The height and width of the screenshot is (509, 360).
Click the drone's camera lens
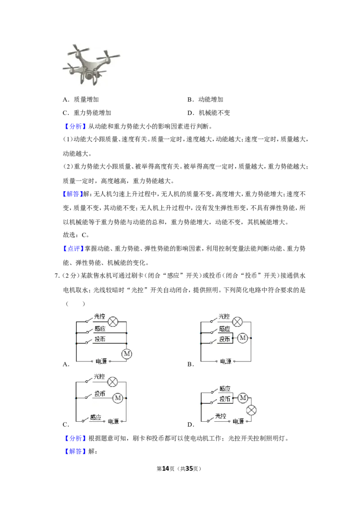[89, 76]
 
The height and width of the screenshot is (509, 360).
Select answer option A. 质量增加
[81, 99]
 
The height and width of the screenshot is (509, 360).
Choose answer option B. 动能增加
[205, 99]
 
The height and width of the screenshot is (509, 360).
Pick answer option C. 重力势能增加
[87, 113]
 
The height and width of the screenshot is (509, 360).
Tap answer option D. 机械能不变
[209, 113]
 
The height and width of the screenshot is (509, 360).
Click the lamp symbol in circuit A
[113, 321]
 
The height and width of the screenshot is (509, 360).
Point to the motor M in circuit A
[127, 354]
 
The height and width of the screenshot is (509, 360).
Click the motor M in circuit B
[243, 338]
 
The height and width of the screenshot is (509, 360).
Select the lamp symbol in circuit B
[238, 321]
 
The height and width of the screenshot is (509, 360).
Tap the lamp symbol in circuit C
[113, 382]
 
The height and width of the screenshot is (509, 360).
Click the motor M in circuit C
[118, 398]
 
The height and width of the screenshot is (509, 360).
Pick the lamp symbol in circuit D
[252, 410]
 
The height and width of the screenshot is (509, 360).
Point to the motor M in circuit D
[243, 397]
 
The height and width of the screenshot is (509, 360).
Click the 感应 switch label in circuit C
[95, 417]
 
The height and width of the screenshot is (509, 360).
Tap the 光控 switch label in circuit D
[220, 416]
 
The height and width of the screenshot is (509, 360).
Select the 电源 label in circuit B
[226, 361]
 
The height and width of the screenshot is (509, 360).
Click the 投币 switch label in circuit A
[100, 339]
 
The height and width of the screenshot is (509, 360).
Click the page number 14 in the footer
[166, 469]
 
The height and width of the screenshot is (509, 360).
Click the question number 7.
[56, 276]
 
